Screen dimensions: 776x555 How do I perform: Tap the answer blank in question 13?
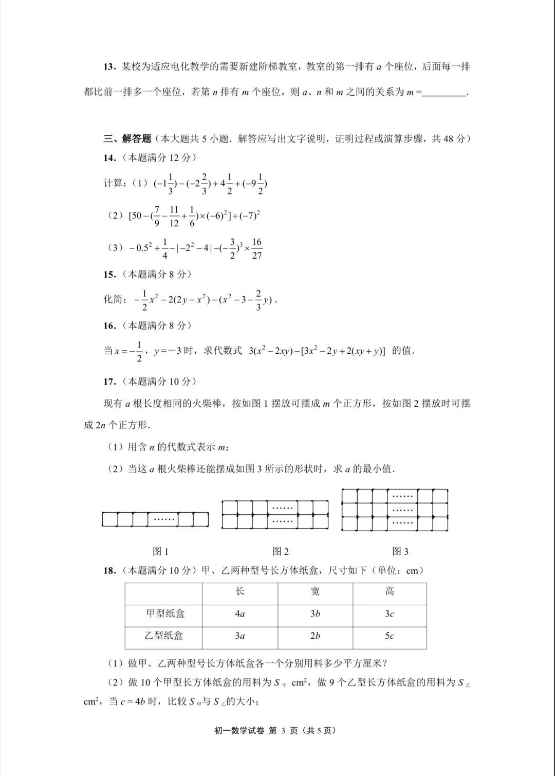tap(444, 93)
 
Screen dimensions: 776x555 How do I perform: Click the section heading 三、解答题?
tap(127, 139)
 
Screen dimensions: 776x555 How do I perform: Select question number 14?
tap(109, 158)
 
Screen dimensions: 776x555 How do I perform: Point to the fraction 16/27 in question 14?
tap(257, 248)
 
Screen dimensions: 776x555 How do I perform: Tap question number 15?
tap(109, 275)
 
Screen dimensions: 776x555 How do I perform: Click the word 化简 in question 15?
tap(114, 299)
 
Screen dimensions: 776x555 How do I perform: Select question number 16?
tap(109, 326)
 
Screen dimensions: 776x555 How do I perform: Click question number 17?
tap(109, 382)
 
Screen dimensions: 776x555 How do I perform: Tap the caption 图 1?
tap(161, 551)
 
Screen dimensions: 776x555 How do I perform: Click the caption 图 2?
tap(281, 551)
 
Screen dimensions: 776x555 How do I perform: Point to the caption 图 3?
tap(400, 551)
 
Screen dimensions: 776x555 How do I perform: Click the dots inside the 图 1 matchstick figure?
tap(164, 519)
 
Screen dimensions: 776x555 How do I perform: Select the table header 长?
tap(240, 591)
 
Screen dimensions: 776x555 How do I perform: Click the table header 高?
tap(390, 591)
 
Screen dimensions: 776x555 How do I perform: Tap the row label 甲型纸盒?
tap(165, 613)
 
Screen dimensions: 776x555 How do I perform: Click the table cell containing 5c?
tap(390, 636)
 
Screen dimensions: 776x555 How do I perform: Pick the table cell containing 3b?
tap(315, 613)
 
